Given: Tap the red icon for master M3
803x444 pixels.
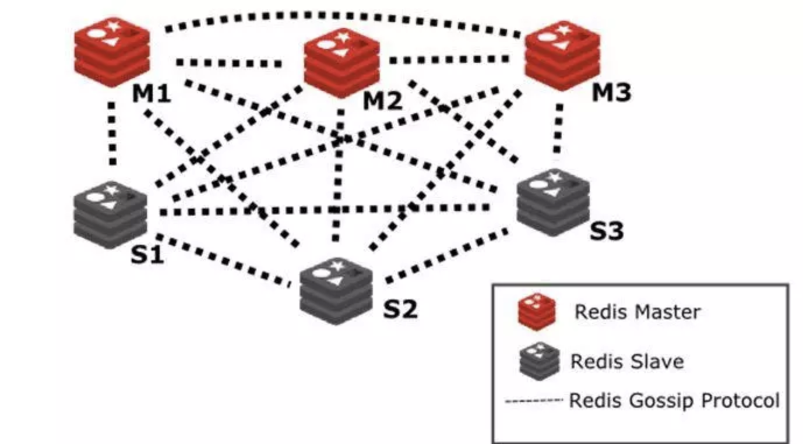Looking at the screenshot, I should click(x=562, y=56).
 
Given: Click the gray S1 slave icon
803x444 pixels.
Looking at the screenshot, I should click(x=110, y=214).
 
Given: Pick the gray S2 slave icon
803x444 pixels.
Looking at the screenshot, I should click(x=336, y=290).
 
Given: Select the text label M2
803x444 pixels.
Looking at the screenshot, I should click(x=383, y=101).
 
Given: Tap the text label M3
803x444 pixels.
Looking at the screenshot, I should click(x=611, y=93).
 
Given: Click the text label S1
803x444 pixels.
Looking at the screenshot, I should click(x=147, y=255).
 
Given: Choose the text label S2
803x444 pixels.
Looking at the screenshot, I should click(x=400, y=309).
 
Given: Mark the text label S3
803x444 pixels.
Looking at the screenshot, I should click(x=607, y=231).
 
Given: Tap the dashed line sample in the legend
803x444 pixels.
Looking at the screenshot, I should click(x=534, y=401).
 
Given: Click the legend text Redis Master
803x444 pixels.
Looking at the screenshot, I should click(x=637, y=312).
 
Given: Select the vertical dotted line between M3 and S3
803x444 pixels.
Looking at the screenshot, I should click(x=559, y=129).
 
